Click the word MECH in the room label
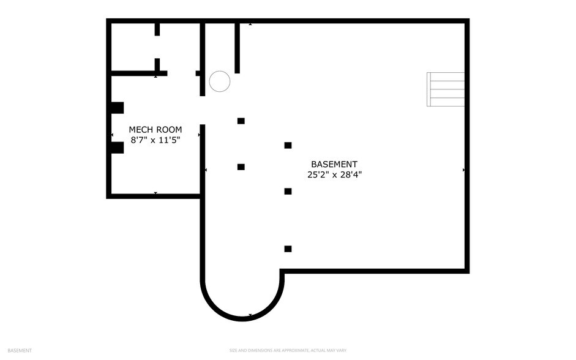click(x=141, y=130)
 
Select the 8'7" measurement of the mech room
click(x=139, y=140)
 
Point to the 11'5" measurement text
click(x=170, y=140)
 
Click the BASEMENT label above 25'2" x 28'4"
click(x=334, y=164)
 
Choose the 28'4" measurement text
click(x=351, y=174)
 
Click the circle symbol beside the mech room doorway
click(x=220, y=81)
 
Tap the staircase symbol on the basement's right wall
click(x=446, y=89)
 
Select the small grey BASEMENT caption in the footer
click(x=20, y=350)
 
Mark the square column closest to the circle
click(x=241, y=121)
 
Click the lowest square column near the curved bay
click(x=288, y=249)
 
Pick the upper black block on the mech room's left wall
click(x=118, y=108)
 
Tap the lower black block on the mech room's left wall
click(x=118, y=148)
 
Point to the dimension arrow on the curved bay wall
click(x=250, y=315)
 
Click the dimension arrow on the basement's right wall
click(x=463, y=170)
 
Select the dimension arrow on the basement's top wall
click(x=250, y=24)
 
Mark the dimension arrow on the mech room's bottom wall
click(x=155, y=193)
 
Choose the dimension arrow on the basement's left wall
click(x=206, y=170)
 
